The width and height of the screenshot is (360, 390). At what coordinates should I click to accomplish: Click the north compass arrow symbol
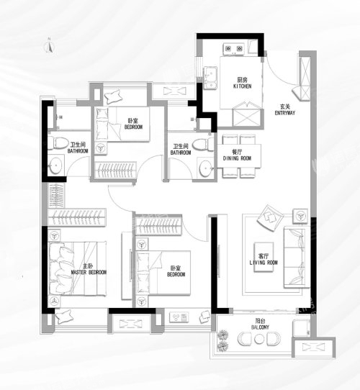(x=49, y=46)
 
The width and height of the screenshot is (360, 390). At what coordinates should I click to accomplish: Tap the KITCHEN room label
(x=242, y=86)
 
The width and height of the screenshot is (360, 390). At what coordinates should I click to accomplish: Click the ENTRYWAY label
(x=285, y=113)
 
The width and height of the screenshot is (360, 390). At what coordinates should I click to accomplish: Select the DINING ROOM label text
(x=237, y=158)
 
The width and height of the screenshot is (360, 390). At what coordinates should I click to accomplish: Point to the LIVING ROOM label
(x=264, y=263)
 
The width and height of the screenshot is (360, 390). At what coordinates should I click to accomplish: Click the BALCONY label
(x=260, y=327)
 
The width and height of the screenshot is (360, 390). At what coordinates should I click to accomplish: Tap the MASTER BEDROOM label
(x=89, y=273)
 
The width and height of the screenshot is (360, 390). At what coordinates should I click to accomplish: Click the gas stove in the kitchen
(x=234, y=49)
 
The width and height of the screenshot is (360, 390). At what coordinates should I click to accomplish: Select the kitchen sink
(x=211, y=78)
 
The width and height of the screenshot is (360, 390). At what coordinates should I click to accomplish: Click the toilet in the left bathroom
(x=58, y=143)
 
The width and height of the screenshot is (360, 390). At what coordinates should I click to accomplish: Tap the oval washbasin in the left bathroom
(x=55, y=165)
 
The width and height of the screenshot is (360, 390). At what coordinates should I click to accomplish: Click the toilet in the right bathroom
(x=204, y=145)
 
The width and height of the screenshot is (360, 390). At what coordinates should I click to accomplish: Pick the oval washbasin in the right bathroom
(x=206, y=168)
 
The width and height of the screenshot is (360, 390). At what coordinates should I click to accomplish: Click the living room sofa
(x=297, y=257)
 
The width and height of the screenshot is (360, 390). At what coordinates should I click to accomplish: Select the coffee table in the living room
(x=264, y=257)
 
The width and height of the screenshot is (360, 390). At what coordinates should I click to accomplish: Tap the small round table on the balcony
(x=259, y=339)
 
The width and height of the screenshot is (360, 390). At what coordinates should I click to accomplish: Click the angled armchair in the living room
(x=270, y=217)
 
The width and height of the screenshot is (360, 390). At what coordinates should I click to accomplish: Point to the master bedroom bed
(x=77, y=268)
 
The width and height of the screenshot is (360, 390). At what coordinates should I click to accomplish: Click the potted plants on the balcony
(x=222, y=340)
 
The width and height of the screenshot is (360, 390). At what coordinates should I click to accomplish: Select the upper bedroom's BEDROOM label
(x=133, y=127)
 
